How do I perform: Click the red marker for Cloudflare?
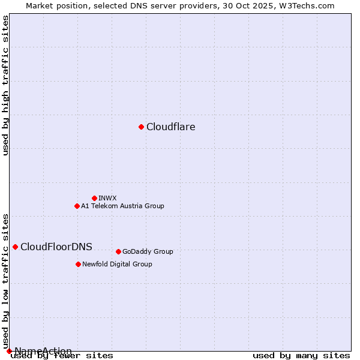(x=141, y=127)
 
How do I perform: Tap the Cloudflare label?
(x=170, y=127)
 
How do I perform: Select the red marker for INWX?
(x=94, y=198)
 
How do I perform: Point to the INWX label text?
(x=107, y=198)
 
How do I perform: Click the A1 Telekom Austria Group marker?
(x=77, y=206)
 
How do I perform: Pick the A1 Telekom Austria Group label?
(x=122, y=206)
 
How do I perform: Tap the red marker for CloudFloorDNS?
(x=15, y=247)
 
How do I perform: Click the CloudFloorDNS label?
(x=56, y=247)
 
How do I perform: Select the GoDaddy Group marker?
(x=118, y=251)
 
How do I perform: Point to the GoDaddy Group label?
(x=148, y=251)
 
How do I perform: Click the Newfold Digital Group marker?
(x=78, y=264)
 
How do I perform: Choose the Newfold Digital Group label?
(x=117, y=264)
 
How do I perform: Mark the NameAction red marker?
(x=9, y=351)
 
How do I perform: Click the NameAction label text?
(x=43, y=351)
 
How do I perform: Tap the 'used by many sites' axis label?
(x=301, y=356)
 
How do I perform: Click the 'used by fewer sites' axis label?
(x=62, y=356)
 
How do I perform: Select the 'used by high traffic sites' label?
(x=6, y=86)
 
